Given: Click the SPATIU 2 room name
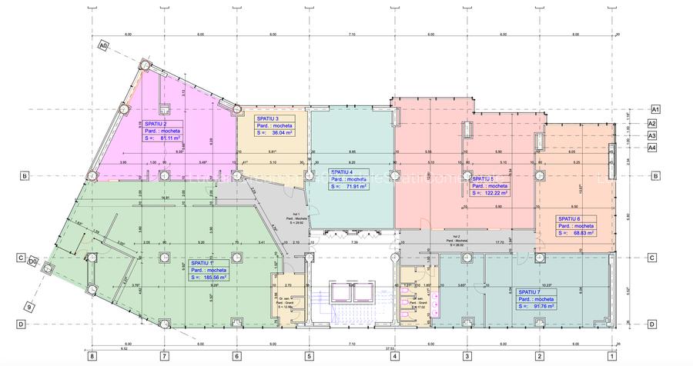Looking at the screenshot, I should click(x=155, y=123).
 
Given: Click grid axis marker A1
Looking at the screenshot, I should click(x=656, y=109).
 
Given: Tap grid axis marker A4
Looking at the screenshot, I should click(x=651, y=148).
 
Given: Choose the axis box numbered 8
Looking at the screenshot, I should click(x=92, y=355).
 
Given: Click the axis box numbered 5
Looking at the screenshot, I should click(x=309, y=355).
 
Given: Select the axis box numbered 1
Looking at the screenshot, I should click(x=611, y=355).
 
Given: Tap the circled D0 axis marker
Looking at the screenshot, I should click(x=34, y=261).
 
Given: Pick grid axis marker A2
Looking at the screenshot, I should click(x=651, y=123).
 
